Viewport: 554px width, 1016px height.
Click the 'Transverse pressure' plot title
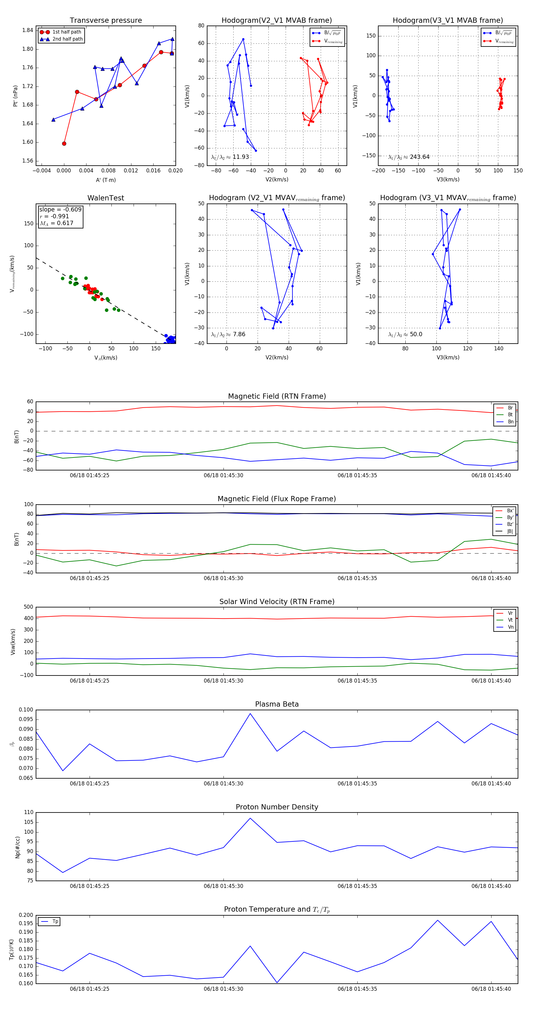pos(106,21)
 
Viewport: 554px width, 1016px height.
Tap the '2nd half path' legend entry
pos(67,39)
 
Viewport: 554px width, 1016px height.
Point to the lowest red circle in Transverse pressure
pos(64,143)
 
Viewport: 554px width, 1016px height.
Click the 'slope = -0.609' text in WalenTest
pos(60,209)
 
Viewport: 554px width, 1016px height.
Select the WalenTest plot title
pos(106,198)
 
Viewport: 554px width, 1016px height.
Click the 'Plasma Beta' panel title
pos(277,704)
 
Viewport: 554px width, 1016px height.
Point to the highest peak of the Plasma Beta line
pos(250,713)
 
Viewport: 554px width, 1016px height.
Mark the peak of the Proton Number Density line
pos(250,818)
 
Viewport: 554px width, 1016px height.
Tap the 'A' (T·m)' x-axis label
pos(106,180)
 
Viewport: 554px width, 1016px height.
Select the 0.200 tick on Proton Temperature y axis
pos(26,915)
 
